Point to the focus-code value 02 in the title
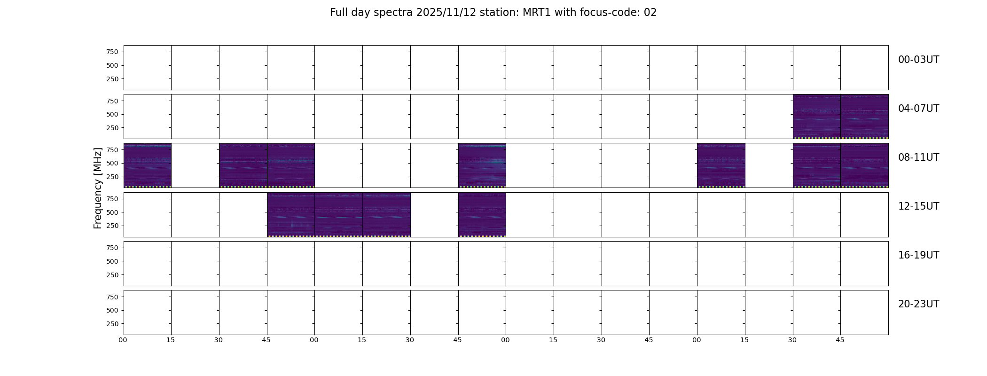pos(650,13)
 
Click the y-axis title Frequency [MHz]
pos(98,188)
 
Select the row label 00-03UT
pos(918,60)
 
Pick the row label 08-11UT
pos(918,157)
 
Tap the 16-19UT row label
pos(918,255)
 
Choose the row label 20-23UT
pos(918,304)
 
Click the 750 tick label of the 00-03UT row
pos(112,52)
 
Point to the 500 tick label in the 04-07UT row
pos(112,114)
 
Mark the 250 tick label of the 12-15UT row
pos(112,226)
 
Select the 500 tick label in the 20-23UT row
pos(112,310)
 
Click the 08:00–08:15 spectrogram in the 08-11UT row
pos(148,165)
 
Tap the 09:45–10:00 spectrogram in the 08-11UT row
pos(482,165)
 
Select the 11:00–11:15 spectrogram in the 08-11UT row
pos(721,165)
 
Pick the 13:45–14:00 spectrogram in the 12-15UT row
pos(482,214)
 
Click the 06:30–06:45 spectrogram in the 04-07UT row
pos(816,117)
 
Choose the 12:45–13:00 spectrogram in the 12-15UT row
pos(291,214)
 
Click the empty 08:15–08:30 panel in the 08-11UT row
pos(195,165)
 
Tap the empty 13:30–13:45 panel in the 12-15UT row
pos(434,214)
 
